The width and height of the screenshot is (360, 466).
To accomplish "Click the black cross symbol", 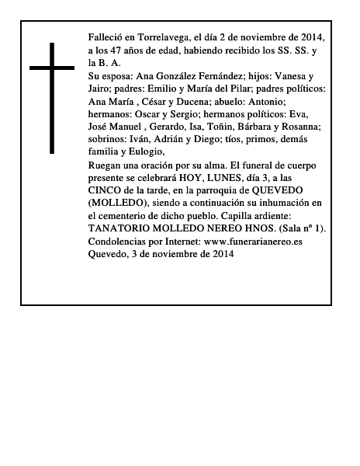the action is pos(52,97).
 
